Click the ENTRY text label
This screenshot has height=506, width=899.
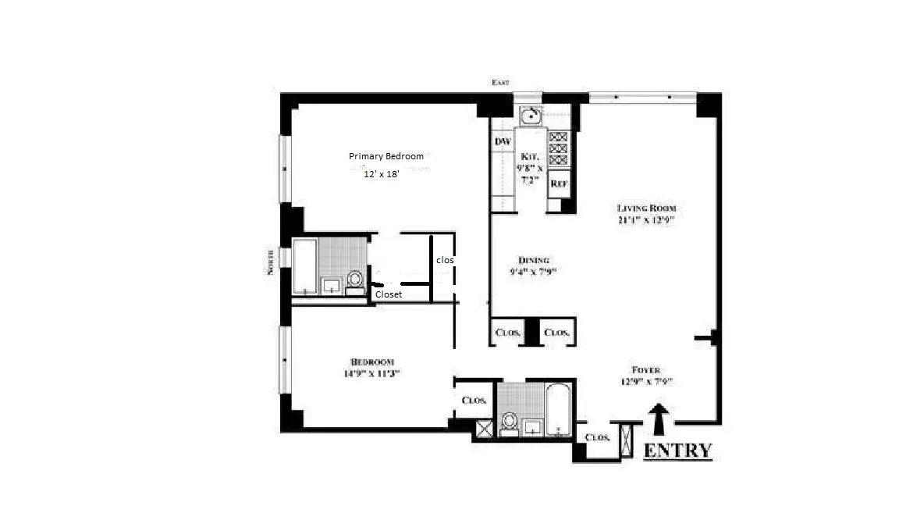tap(677, 451)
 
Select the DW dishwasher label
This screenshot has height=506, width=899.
tap(503, 141)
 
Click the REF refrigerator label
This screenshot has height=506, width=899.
tap(558, 184)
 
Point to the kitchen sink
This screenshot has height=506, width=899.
tap(531, 116)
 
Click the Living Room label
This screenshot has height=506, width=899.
tap(645, 208)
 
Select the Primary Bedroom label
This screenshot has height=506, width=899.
tap(386, 156)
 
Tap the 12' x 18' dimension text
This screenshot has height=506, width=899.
tap(382, 175)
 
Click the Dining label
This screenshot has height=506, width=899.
tap(534, 260)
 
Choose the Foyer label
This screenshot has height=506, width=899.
tap(645, 370)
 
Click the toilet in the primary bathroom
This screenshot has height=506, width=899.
tap(355, 280)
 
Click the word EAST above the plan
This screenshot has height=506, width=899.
tap(499, 82)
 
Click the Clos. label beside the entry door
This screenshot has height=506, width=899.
tap(597, 437)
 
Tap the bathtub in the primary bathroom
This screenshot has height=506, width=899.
tap(305, 266)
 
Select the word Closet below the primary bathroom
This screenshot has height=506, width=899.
tap(389, 294)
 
